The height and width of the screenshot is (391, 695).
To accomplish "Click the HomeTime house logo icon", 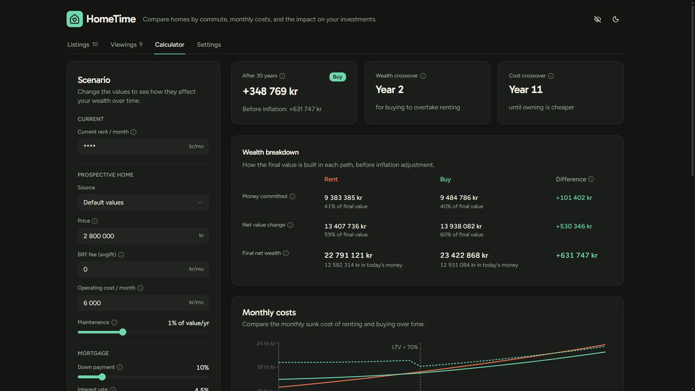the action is tap(75, 19).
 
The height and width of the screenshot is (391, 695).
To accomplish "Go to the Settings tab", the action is tap(209, 45).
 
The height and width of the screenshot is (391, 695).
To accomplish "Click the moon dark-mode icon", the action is tap(616, 19).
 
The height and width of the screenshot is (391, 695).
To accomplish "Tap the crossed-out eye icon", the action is tap(598, 19).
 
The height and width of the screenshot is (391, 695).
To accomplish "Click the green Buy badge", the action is tap(337, 77).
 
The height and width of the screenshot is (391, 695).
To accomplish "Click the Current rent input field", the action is tap(143, 147).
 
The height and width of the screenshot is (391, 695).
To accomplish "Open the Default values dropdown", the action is tap(143, 202).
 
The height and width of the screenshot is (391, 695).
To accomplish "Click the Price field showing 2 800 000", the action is tap(143, 236).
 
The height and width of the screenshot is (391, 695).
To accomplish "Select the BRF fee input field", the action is tap(143, 269).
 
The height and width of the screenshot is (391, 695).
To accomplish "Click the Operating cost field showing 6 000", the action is tap(143, 303).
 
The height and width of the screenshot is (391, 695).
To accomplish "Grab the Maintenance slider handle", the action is tap(123, 332).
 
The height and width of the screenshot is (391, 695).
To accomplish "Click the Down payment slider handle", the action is tap(102, 377).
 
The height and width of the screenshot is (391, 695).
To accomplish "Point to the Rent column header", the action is tap(331, 179).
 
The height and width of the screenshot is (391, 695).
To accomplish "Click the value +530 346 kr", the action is tap(574, 226).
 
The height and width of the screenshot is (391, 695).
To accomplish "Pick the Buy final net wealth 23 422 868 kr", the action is tap(464, 255).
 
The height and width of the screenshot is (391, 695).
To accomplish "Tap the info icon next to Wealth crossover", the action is tap(423, 76).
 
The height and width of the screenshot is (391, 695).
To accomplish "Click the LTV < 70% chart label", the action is tap(405, 347).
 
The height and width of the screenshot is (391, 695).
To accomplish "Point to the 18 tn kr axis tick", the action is tap(266, 367).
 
